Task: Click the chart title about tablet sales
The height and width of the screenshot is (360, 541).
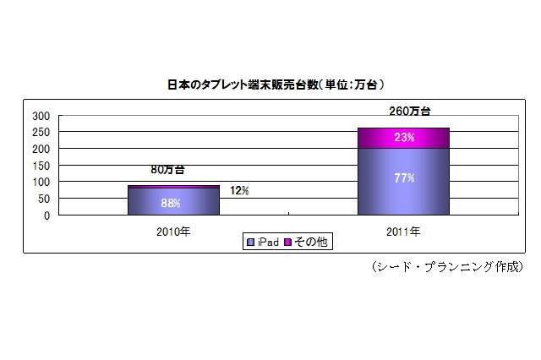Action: [x=270, y=85]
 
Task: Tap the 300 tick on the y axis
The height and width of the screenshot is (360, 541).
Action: [x=41, y=115]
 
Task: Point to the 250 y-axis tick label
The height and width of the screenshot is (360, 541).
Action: [x=41, y=132]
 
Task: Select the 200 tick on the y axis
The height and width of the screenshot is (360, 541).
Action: [x=41, y=149]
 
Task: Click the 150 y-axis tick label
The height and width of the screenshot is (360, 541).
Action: [x=41, y=165]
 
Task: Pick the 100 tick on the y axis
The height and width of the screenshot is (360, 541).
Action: [x=41, y=182]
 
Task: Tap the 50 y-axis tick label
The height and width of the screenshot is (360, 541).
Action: [x=44, y=199]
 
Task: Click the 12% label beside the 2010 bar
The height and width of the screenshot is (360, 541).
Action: [x=239, y=191]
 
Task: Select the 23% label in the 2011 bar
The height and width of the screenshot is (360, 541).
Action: [x=403, y=137]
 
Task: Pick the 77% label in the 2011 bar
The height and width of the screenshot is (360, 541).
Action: [x=403, y=178]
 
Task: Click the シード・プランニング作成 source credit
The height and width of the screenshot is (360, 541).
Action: [x=447, y=266]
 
